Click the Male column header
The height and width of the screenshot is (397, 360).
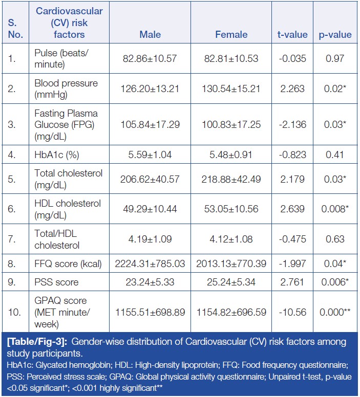point(150,35)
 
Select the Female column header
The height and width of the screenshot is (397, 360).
point(231,35)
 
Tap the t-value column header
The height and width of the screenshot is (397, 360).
point(292,35)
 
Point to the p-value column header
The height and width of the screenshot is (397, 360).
point(335,35)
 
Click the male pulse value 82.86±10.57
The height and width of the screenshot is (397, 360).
point(150,59)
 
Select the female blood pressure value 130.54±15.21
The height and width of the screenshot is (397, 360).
point(231,89)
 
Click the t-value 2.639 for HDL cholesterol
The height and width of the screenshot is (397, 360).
point(292,208)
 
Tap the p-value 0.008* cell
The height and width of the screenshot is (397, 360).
point(336,208)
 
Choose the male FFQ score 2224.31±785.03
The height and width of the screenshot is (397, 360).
point(150,264)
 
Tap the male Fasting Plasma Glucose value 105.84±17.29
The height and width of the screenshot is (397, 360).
point(150,124)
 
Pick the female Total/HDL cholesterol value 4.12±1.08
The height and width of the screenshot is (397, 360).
point(231,239)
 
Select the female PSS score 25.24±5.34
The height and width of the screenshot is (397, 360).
point(231,282)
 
